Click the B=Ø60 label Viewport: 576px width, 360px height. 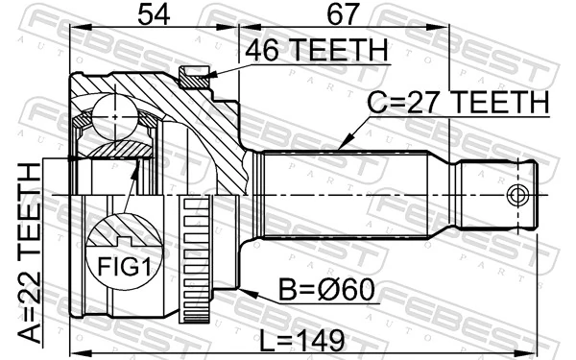tap(325, 289)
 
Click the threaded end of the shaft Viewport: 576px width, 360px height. tap(494, 196)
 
